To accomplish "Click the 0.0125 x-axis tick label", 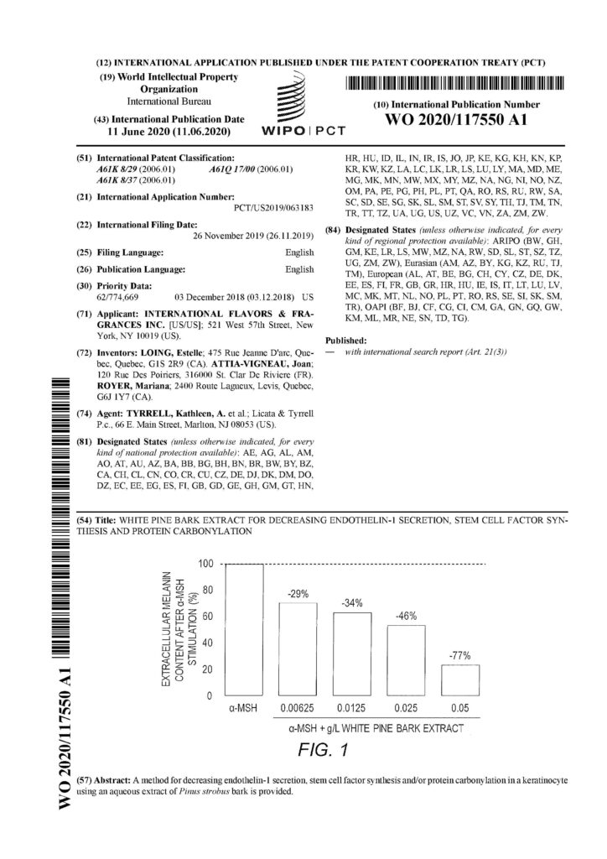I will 351,708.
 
